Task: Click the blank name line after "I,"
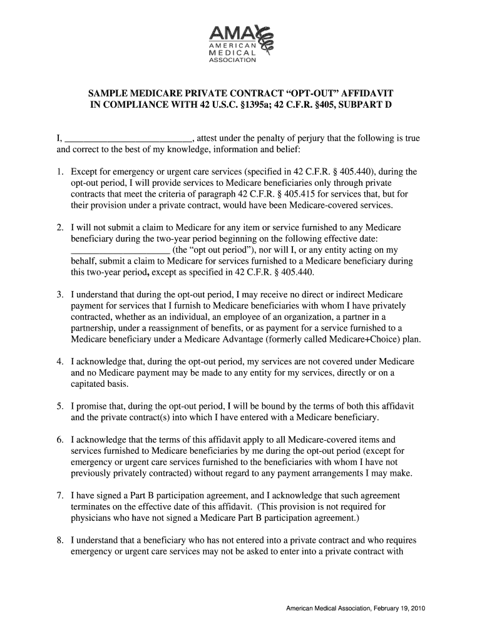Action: (129, 138)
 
